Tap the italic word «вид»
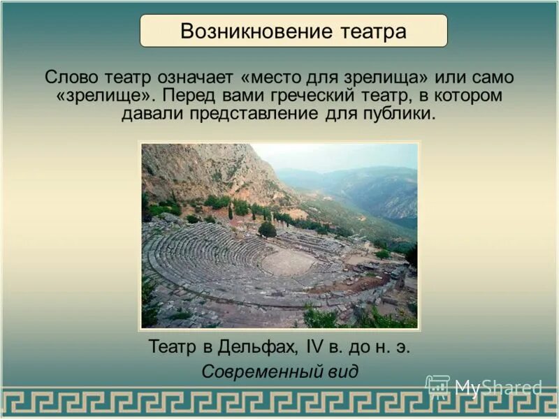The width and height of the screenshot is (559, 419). pyautogui.click(x=342, y=371)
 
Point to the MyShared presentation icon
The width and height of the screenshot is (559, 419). pyautogui.click(x=437, y=387)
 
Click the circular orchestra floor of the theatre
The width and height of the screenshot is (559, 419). pyautogui.click(x=289, y=262)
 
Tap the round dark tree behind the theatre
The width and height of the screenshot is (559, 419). pyautogui.click(x=267, y=229)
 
